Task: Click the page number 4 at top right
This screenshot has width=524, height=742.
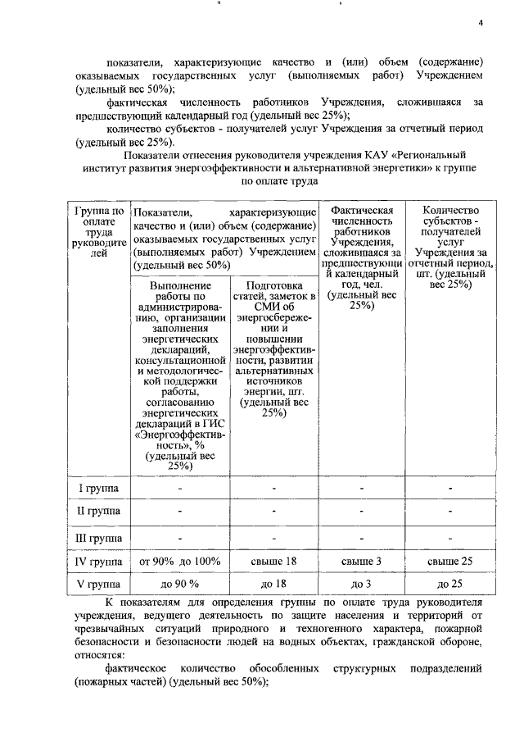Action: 482,22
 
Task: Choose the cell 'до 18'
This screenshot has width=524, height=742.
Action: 273,585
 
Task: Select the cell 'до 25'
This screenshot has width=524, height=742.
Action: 449,585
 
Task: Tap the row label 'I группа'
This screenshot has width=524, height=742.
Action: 98,489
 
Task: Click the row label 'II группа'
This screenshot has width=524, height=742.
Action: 98,512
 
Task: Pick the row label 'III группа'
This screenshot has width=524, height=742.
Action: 98,538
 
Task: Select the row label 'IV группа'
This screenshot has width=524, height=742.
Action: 98,562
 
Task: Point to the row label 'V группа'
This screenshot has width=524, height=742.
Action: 98,585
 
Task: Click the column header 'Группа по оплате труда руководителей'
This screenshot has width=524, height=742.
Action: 98,232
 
